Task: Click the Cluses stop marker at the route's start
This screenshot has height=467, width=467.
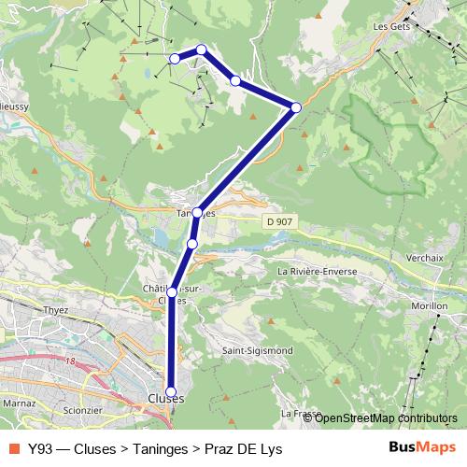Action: coord(171,392)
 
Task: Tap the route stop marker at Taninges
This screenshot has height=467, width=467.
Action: coord(197,213)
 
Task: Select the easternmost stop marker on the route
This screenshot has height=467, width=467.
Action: coord(296,107)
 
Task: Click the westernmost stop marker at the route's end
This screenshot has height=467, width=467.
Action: coord(175,59)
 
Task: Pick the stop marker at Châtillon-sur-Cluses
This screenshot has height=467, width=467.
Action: coord(172,292)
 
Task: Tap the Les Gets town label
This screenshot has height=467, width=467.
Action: coord(392,27)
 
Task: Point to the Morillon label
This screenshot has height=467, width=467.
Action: coord(430,305)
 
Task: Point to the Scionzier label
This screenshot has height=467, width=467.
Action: coord(78,410)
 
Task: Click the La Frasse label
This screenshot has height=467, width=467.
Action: coord(300,412)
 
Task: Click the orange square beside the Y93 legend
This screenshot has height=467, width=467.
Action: coord(14,448)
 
